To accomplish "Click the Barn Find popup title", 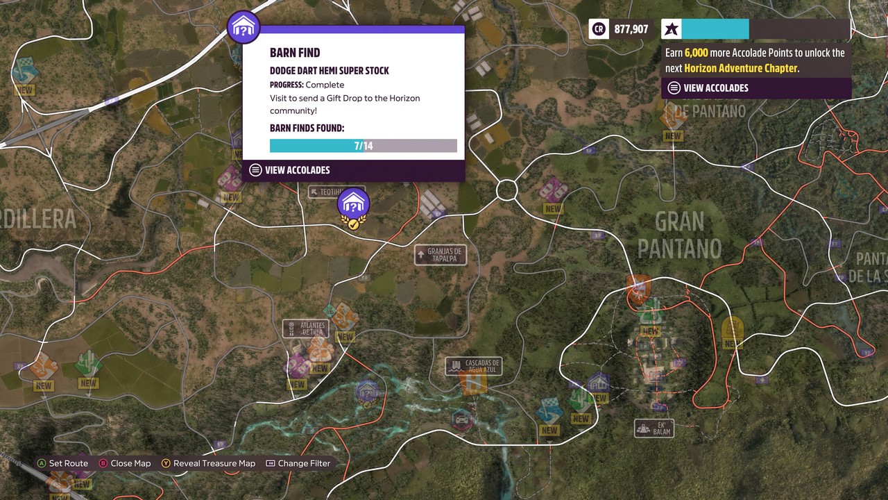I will click(x=295, y=53).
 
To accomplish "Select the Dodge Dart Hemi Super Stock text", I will click(x=329, y=71).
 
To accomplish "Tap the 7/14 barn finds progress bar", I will click(x=363, y=146).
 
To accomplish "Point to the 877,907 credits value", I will click(x=631, y=29).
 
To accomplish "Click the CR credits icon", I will click(x=598, y=29).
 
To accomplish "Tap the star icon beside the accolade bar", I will click(x=671, y=29).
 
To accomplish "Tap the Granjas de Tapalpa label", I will click(x=441, y=255).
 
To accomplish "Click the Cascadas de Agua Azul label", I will click(x=474, y=366).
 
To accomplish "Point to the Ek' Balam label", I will click(x=654, y=428).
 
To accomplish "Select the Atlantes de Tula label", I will click(x=306, y=328).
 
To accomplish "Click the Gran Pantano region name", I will click(x=679, y=235).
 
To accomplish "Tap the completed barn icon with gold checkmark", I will click(x=353, y=206).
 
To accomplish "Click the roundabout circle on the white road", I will click(x=507, y=190).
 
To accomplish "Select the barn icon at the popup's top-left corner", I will click(x=244, y=27).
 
